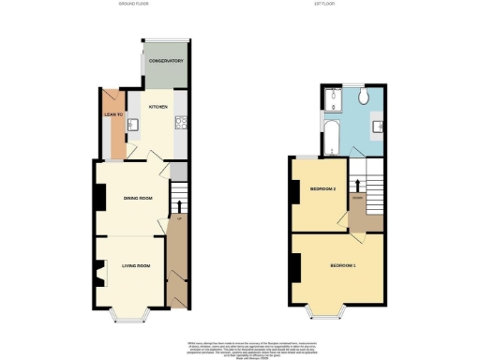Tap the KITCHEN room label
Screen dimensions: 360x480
click(157, 107)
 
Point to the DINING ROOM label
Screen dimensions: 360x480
click(138, 198)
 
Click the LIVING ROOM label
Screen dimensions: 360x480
click(136, 267)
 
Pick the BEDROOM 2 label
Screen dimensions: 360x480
click(322, 189)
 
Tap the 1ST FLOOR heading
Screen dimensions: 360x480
click(338, 5)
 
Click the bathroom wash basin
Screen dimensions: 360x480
click(378, 125)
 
